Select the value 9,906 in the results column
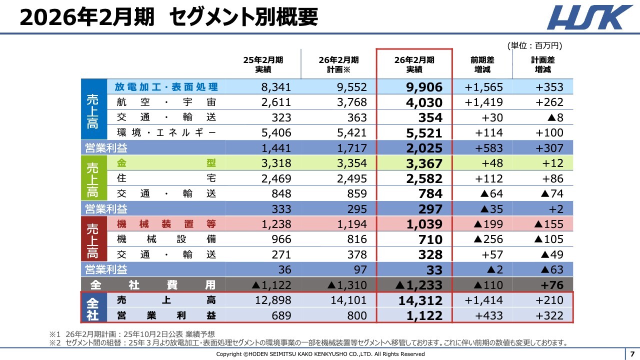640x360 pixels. click(x=424, y=87)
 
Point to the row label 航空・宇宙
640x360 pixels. click(x=166, y=102)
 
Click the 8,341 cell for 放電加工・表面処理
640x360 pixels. click(x=276, y=87)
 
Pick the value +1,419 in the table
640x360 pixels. click(x=483, y=102)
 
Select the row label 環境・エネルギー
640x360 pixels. click(x=166, y=133)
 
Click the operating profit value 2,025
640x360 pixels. click(x=424, y=148)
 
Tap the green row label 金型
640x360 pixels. click(x=166, y=163)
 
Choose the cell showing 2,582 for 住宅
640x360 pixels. click(x=424, y=179)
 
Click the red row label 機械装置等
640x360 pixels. click(x=166, y=224)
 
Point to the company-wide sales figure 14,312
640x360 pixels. click(x=421, y=300)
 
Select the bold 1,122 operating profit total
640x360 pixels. click(x=424, y=316)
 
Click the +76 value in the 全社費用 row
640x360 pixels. click(x=551, y=285)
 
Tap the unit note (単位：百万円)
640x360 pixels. click(x=534, y=45)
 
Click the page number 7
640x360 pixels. click(x=632, y=353)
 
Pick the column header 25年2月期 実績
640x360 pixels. click(x=263, y=64)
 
